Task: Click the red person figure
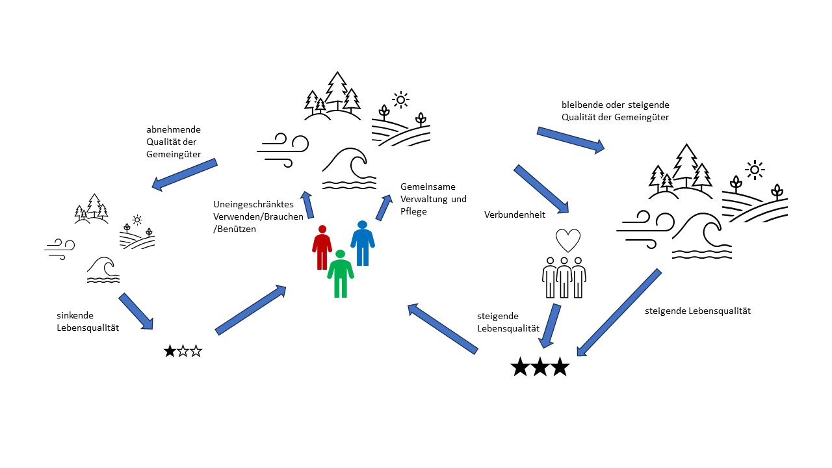322,248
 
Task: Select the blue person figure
363,243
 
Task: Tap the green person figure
340,274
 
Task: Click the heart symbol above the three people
567,240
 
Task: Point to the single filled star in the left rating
170,352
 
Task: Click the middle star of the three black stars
539,367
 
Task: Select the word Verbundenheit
514,214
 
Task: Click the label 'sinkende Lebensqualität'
87,322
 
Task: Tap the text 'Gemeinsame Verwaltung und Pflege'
433,198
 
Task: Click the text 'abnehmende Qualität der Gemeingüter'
174,142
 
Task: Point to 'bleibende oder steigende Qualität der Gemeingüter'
615,110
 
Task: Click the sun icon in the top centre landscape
400,99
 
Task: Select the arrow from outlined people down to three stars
551,324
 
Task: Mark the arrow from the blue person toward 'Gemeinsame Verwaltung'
384,207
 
